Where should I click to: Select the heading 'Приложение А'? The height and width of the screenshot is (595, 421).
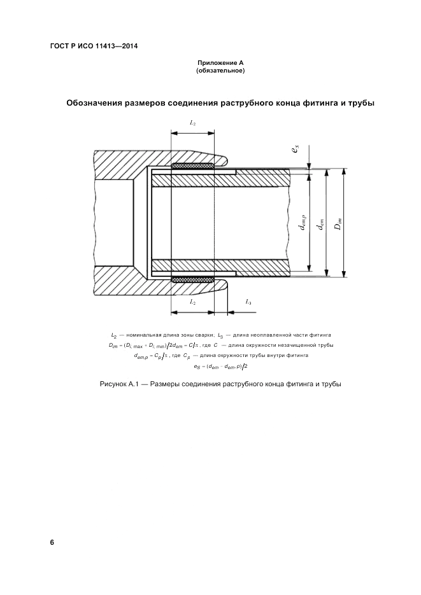pos(220,63)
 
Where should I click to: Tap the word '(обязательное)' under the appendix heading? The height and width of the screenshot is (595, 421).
pos(220,71)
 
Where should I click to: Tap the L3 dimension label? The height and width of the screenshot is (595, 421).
pos(248,302)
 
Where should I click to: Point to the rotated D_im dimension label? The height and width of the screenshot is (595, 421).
pos(339,223)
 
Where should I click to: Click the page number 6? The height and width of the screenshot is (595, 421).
pos(52,542)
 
